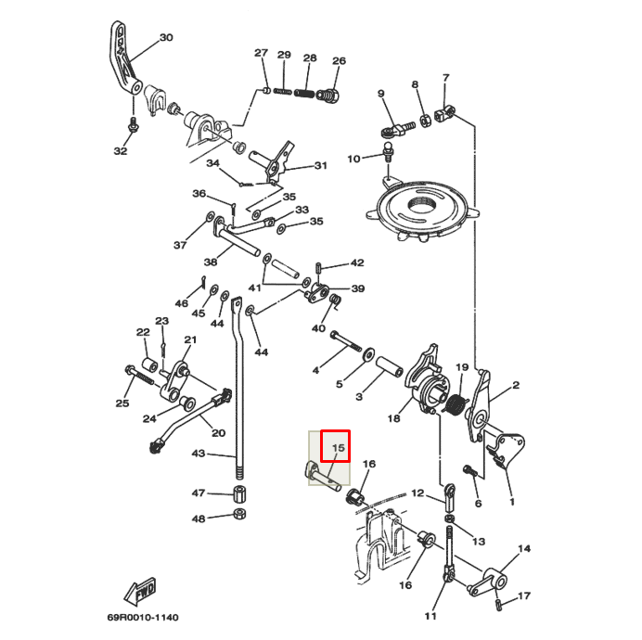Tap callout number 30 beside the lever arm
click(x=166, y=38)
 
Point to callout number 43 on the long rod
click(x=199, y=454)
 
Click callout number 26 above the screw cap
click(x=339, y=61)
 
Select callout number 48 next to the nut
click(x=199, y=518)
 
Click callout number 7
click(x=445, y=79)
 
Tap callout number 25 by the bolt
click(x=122, y=403)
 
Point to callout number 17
click(x=524, y=595)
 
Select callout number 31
click(x=320, y=166)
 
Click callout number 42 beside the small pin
click(x=356, y=263)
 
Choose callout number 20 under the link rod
click(x=218, y=432)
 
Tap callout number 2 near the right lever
click(x=516, y=385)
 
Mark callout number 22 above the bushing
click(x=143, y=332)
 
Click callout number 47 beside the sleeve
click(x=199, y=493)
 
